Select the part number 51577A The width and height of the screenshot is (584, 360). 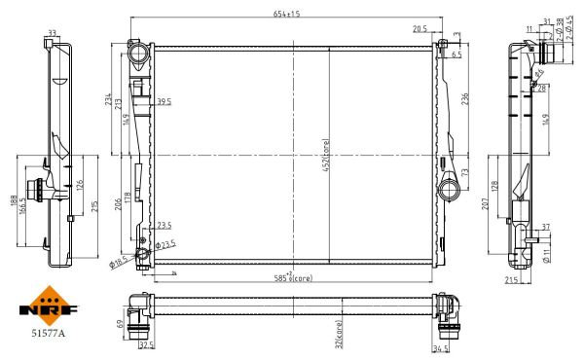click(x=46, y=331)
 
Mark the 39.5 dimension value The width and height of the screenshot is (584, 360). click(x=164, y=100)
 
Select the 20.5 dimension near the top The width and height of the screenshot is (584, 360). click(x=420, y=30)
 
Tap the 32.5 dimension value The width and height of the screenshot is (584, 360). click(x=147, y=345)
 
